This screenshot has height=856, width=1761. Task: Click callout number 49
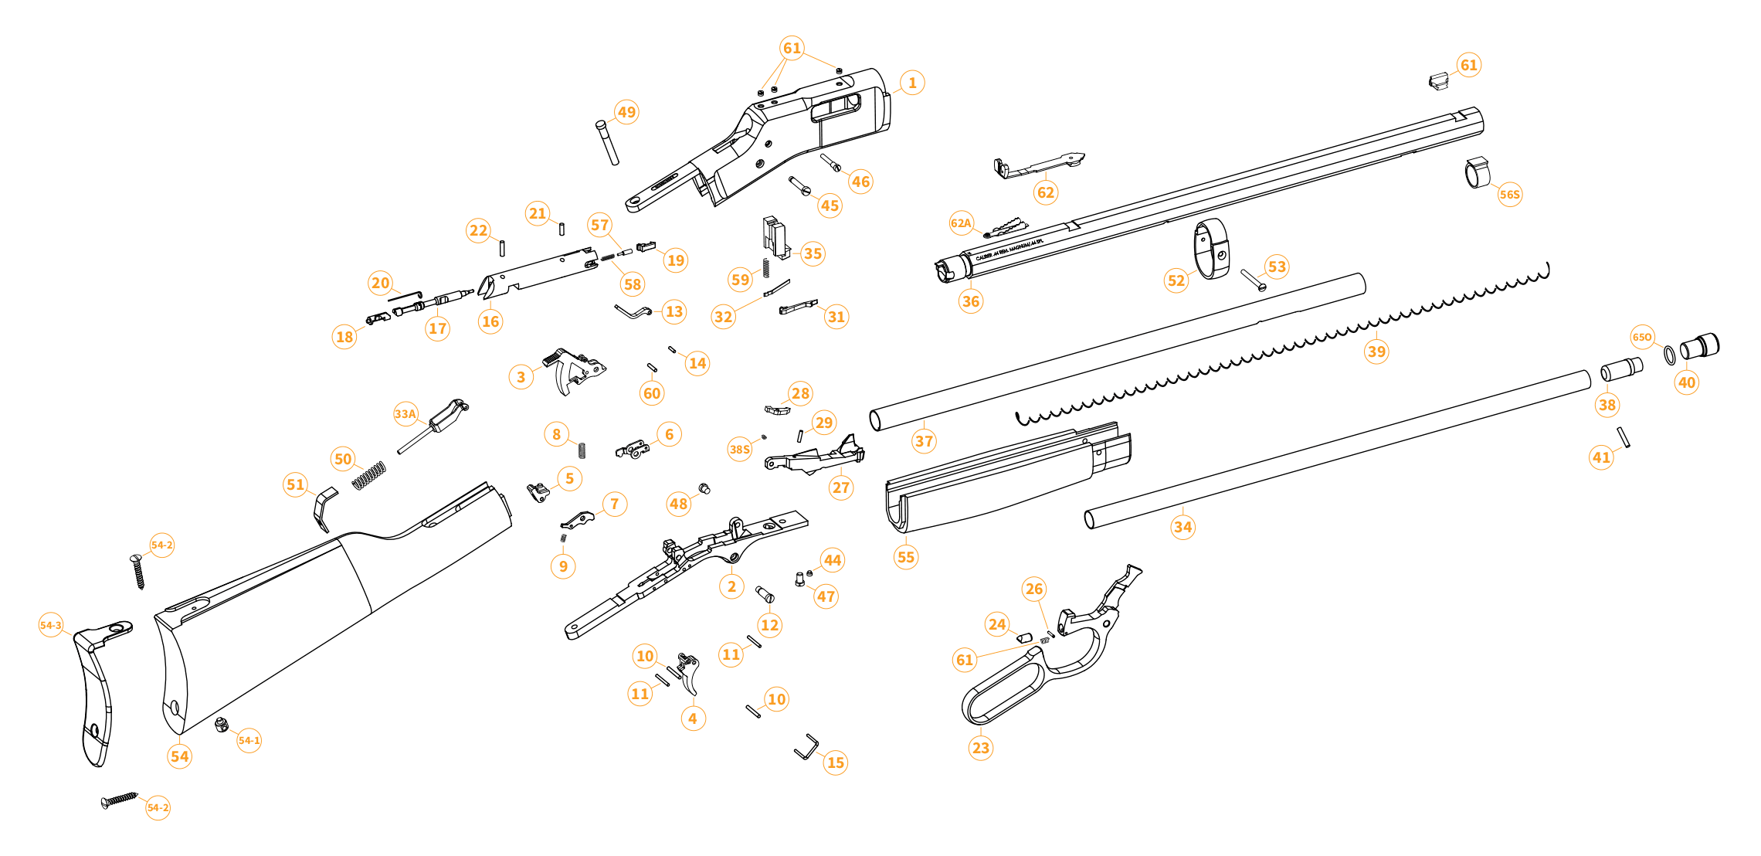[626, 112]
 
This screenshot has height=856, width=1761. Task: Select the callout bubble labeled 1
[912, 83]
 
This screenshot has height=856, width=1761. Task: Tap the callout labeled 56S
[1509, 194]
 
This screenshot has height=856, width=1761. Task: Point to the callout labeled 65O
[1642, 337]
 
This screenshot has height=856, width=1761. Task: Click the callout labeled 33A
[405, 413]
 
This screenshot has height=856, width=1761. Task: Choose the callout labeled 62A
[961, 223]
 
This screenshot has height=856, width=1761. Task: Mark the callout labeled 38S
[739, 449]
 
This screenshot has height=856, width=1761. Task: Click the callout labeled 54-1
[249, 740]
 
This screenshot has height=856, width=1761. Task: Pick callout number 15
[835, 763]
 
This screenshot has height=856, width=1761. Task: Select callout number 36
[970, 301]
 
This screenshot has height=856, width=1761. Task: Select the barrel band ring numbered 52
[1212, 249]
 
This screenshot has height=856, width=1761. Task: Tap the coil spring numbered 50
[368, 475]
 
